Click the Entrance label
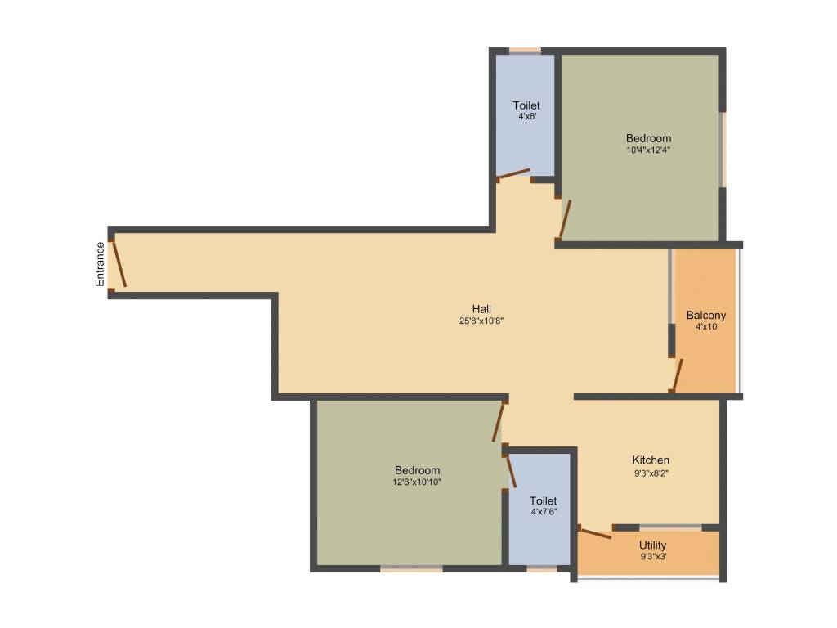[101, 264]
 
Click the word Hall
[481, 309]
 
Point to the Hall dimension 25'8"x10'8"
[481, 321]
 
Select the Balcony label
[706, 315]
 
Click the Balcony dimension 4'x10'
[706, 326]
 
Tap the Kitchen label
[651, 460]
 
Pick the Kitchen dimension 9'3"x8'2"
[651, 473]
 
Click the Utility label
[653, 545]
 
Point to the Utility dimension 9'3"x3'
[653, 557]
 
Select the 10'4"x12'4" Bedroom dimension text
[649, 150]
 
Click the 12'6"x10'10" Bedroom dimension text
[417, 482]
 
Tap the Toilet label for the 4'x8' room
[526, 105]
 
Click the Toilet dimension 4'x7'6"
[544, 512]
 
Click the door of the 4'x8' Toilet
[514, 173]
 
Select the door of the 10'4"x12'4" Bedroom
[565, 219]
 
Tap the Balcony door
[677, 375]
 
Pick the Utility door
[594, 533]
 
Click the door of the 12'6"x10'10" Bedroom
[498, 423]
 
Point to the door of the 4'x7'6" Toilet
[511, 471]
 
